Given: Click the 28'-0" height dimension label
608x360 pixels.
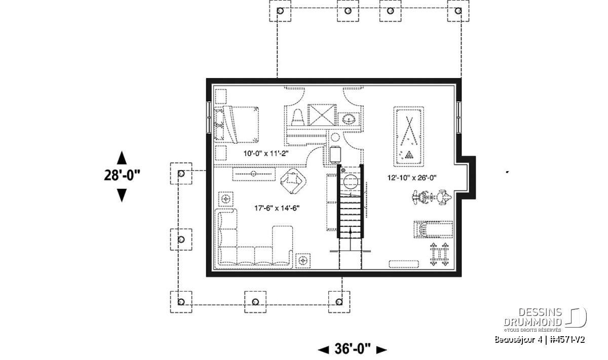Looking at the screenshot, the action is coord(122,175).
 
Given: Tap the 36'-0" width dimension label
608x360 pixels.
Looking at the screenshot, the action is coord(352,349).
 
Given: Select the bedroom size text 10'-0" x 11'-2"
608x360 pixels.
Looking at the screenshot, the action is coord(265,153).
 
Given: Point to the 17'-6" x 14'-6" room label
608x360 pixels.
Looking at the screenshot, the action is coord(277,208).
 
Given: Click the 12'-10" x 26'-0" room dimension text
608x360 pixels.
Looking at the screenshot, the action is coord(412,178).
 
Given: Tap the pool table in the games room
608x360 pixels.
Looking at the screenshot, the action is coord(408,137).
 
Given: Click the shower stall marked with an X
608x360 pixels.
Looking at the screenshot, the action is coord(322,115).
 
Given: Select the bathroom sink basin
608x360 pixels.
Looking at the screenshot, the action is coord(349,119).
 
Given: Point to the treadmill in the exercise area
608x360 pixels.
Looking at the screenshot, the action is coord(433,229).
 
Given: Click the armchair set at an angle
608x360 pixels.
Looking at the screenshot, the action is coord(293,181).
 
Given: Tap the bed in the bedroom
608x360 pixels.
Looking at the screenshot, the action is coord(236,125).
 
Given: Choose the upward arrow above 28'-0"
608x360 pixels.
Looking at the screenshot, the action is coord(122,157).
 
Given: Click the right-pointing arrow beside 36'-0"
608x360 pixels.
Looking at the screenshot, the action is coord(382,350).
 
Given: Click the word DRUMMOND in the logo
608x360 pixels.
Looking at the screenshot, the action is coord(533,322).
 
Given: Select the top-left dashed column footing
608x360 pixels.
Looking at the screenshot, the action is coord(280,11).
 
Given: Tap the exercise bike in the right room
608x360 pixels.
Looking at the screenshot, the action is coord(432,197).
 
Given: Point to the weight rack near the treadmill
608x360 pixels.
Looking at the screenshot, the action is coord(439,254).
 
